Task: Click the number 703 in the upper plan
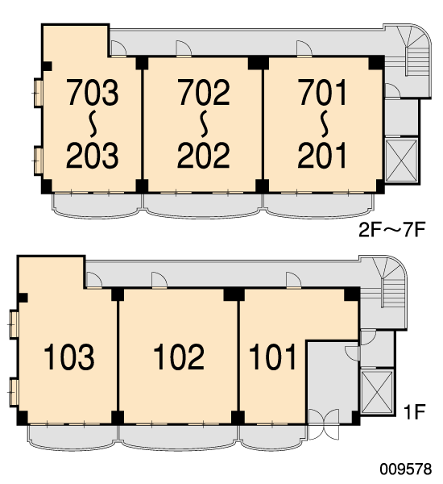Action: coord(93,92)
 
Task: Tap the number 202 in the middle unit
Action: coord(204,155)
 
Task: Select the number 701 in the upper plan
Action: coord(322,92)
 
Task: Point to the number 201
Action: coord(322,155)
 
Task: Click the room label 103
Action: coord(69,357)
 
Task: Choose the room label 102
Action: coord(179,357)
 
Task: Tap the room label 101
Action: coord(272,357)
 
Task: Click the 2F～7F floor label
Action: coord(392,230)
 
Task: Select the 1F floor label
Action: coord(415,411)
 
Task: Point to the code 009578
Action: coord(406,469)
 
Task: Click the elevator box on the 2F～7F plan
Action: coord(401,161)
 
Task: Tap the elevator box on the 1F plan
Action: coord(377,392)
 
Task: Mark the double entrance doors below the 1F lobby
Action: coord(324,424)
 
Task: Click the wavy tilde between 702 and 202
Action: coord(204,123)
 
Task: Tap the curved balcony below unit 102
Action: coord(178,436)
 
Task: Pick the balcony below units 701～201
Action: coord(319,204)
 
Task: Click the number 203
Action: coord(93,155)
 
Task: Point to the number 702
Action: coord(204,92)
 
